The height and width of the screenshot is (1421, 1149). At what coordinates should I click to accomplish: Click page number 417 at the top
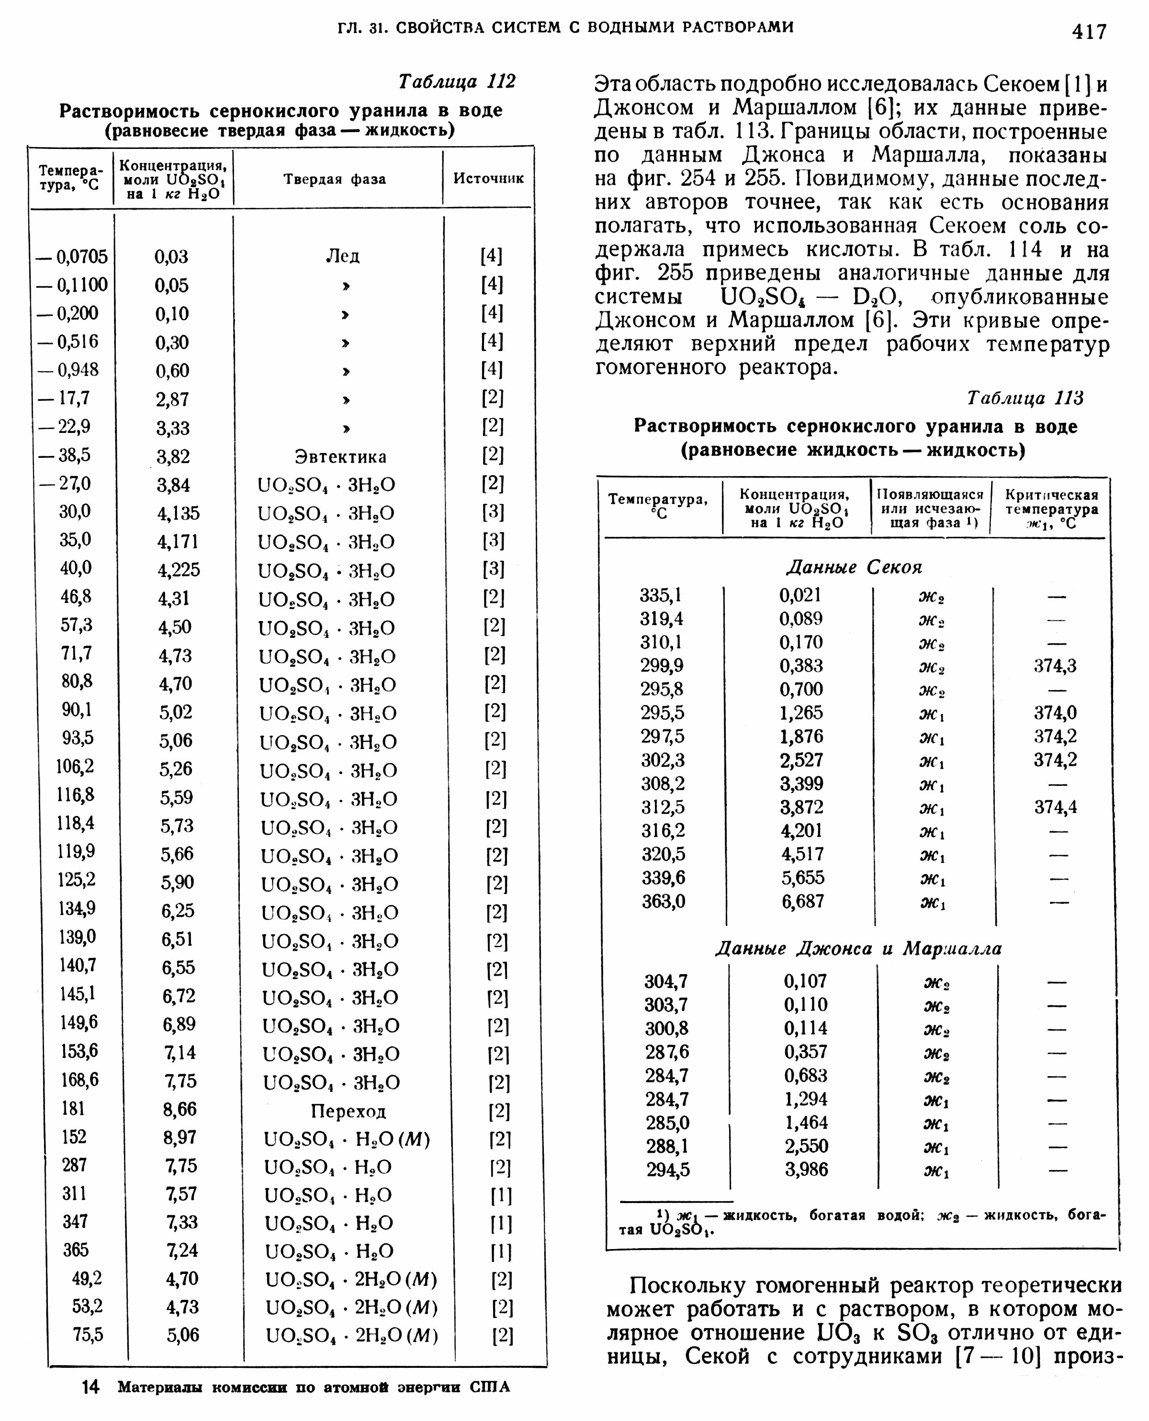click(1089, 31)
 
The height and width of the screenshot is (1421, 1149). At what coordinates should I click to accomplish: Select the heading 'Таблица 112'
click(456, 81)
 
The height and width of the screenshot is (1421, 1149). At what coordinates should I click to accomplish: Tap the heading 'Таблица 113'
click(1025, 398)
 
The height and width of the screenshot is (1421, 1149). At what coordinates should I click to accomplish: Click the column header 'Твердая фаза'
click(335, 179)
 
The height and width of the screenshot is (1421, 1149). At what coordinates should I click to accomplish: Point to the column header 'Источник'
click(488, 178)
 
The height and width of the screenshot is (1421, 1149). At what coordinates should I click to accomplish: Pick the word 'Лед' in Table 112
click(343, 256)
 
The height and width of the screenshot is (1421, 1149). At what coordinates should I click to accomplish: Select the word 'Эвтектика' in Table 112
click(340, 457)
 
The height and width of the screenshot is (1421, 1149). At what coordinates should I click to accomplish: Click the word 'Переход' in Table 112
click(348, 1111)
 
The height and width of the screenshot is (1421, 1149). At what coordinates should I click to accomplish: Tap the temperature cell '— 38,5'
click(64, 455)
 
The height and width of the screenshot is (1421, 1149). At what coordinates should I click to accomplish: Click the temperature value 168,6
click(80, 1080)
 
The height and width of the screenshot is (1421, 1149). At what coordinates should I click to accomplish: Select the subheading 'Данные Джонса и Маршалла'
click(858, 949)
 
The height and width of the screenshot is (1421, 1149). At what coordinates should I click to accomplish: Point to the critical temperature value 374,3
click(1055, 665)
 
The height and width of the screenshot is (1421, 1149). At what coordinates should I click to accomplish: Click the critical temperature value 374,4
click(1055, 807)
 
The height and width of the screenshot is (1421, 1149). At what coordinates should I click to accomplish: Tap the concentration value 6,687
click(803, 901)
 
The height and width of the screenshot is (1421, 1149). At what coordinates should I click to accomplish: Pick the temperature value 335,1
click(661, 595)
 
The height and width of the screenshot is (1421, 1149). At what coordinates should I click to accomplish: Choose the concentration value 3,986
click(806, 1170)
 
